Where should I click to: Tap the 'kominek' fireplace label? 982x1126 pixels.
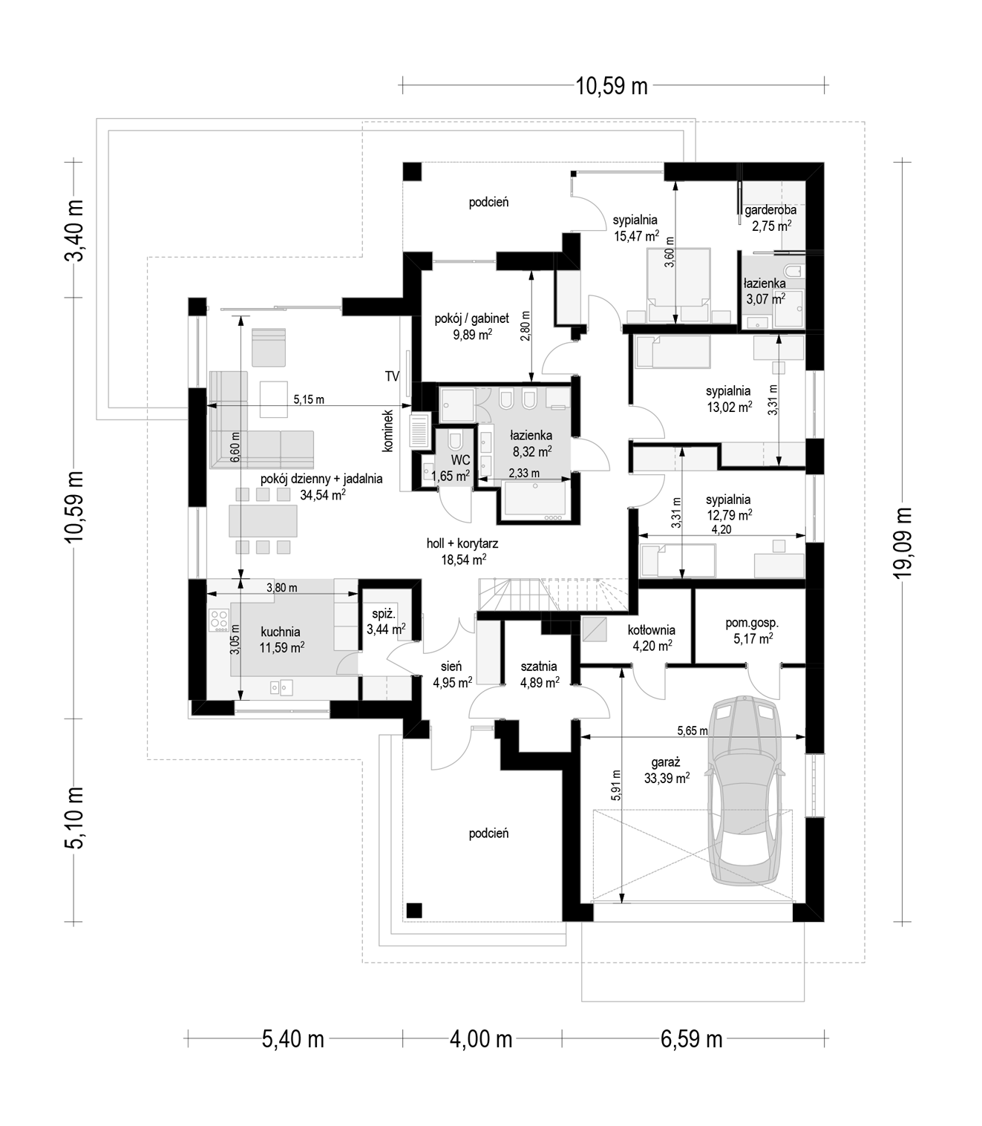pos(388,431)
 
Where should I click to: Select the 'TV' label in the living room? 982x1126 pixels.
pos(392,376)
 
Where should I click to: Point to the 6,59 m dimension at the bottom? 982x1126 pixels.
pos(691,1039)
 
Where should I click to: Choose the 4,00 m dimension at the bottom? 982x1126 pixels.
pos(481,1039)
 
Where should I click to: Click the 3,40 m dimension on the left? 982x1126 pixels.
pos(74,230)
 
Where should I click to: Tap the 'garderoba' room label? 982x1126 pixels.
pos(770,209)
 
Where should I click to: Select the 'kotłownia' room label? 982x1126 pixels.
pos(652,630)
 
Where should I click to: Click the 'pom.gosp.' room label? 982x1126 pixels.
pos(752,623)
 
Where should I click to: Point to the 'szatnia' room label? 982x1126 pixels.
pos(539,667)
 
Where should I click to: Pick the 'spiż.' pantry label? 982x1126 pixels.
pos(384,614)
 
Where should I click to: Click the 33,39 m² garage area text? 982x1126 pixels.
pos(667,778)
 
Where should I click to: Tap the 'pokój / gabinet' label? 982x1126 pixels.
pos(471,318)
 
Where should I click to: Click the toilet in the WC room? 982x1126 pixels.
pos(455,441)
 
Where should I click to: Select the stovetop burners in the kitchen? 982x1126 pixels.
pos(219,621)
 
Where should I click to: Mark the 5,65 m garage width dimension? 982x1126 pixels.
pos(692,730)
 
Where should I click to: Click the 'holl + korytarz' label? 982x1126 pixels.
pos(462,544)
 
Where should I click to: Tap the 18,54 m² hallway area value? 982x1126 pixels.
pos(463,560)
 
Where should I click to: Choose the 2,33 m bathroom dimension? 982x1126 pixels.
pos(524,473)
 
